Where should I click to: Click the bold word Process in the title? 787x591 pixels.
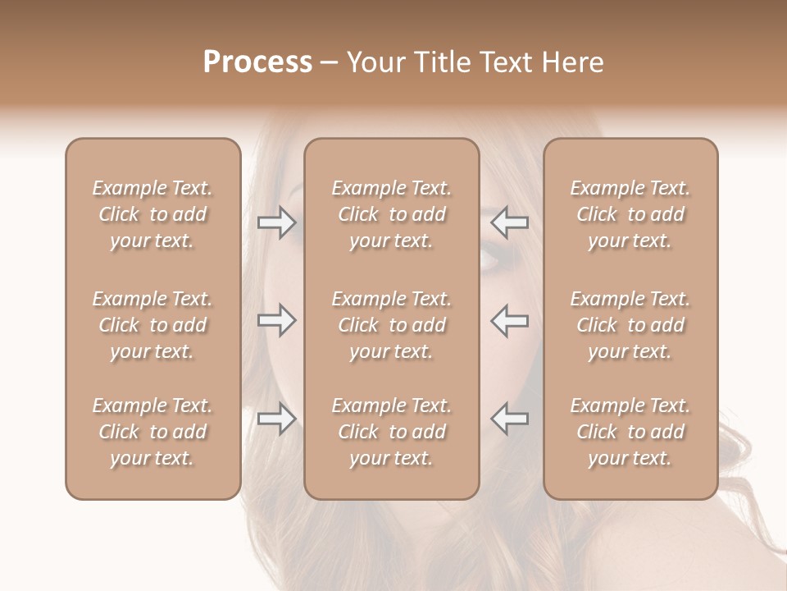tap(257, 62)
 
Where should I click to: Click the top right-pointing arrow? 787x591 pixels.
tap(277, 222)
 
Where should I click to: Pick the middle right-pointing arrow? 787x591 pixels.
tap(277, 320)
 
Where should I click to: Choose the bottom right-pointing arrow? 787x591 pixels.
tap(277, 419)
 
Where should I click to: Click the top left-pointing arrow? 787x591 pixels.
tap(510, 222)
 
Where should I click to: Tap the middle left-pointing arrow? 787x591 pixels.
tap(510, 320)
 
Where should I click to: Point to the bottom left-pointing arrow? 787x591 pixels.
tap(510, 419)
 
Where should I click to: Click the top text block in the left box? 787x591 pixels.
tap(152, 214)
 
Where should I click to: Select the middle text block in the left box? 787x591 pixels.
tap(152, 325)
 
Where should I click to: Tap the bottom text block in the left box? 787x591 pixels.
tap(152, 432)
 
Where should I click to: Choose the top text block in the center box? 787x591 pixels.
tap(391, 214)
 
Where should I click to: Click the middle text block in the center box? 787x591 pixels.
tap(391, 325)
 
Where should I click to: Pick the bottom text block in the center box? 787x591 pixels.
tap(391, 432)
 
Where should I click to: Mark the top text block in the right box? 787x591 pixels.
tap(630, 214)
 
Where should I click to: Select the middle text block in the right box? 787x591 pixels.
tap(630, 325)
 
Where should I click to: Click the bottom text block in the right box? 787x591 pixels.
tap(630, 432)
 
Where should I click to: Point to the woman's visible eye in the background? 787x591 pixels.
tap(489, 259)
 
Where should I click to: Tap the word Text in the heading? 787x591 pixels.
tap(503, 62)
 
